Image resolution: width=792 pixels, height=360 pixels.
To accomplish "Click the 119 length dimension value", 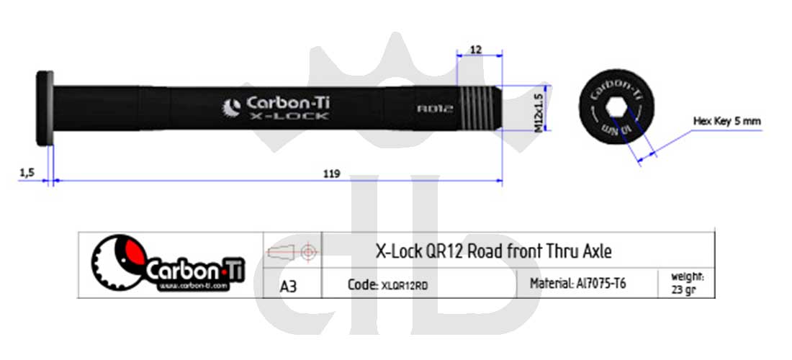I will (332, 174).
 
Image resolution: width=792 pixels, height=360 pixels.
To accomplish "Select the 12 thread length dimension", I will (474, 50).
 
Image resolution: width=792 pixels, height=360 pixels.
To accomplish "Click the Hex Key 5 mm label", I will (726, 121).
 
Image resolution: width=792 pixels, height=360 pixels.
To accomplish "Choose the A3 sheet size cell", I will (289, 286).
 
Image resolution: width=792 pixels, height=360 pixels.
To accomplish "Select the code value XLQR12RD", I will (404, 285).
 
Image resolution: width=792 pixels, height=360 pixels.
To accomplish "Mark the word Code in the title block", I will (361, 284).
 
